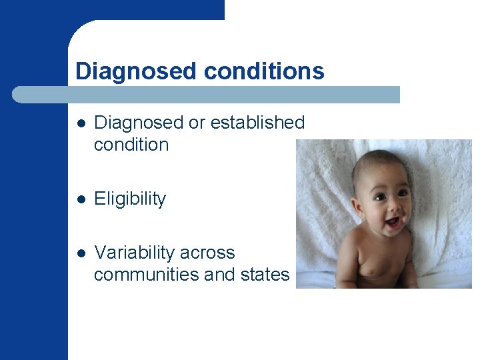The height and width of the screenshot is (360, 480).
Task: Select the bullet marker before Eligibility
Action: (x=81, y=199)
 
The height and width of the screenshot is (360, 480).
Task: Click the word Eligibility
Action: (x=130, y=199)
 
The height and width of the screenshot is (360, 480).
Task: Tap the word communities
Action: (x=139, y=275)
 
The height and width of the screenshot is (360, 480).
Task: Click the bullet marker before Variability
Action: (x=81, y=253)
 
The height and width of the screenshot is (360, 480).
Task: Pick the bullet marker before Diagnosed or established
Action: (x=81, y=123)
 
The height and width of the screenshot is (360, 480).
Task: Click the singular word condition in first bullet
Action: (x=131, y=145)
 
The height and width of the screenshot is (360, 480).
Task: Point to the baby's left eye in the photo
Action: (x=403, y=193)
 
